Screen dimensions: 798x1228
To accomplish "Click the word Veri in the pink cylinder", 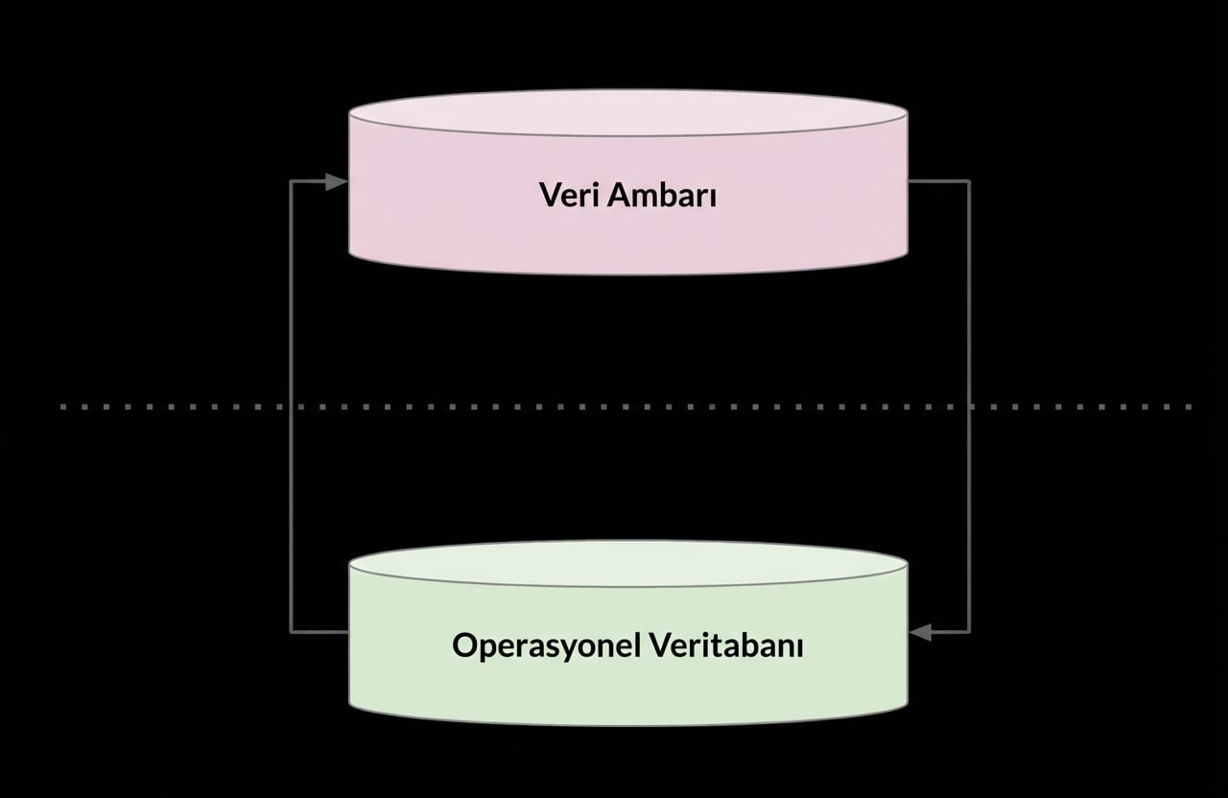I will pos(565,195).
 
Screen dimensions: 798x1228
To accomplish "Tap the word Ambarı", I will pos(662,195).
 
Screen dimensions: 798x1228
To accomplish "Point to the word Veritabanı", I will pos(726,645).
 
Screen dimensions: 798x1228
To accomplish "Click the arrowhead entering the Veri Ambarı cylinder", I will pos(337,181).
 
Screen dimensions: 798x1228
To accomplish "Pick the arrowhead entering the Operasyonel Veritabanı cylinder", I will pos(920,632).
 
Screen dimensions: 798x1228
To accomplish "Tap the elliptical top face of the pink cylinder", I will pos(628,112).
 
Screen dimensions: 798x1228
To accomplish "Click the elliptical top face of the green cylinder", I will pos(628,563).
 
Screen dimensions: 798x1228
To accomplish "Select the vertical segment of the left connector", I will pos(291,317).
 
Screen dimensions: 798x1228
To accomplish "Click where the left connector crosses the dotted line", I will pos(291,407).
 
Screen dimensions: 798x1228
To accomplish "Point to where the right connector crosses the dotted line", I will pos(969,407).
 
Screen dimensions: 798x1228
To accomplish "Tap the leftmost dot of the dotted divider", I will pos(62,407).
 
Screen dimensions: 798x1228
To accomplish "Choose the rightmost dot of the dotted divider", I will pos(1190,407).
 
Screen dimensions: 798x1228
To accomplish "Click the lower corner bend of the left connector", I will pos(291,632).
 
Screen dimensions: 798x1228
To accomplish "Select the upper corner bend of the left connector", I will pos(291,181).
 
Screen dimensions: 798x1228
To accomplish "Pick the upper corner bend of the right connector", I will pos(969,181).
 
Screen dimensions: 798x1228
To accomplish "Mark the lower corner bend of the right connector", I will pos(969,632).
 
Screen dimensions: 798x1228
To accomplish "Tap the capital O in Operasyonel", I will pos(465,645).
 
